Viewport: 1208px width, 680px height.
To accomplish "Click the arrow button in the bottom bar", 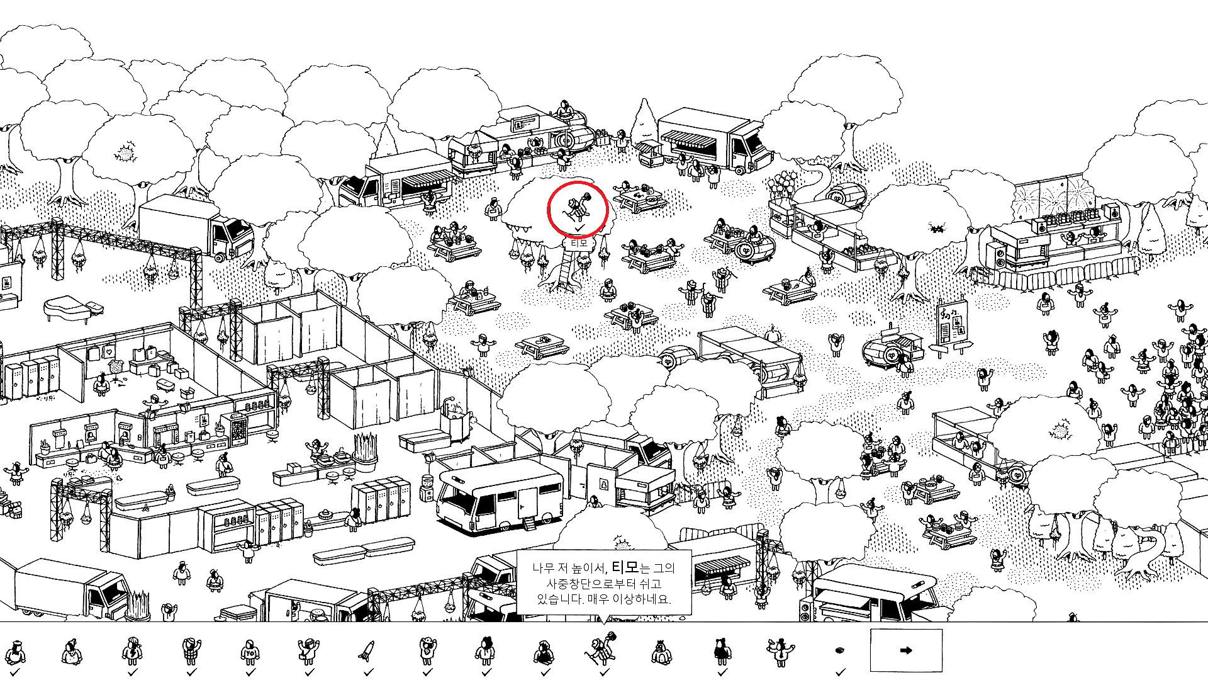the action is coord(906,650).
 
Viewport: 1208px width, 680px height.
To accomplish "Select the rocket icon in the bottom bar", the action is coord(366,651).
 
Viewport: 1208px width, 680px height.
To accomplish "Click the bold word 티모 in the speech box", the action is coord(625,567).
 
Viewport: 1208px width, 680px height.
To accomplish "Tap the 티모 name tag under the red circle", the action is coord(578,242).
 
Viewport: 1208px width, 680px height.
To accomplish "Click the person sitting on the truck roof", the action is coord(564,110).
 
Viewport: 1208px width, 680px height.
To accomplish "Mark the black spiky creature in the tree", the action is coord(937,228).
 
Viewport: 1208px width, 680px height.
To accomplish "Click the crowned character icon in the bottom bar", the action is coord(661,651).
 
